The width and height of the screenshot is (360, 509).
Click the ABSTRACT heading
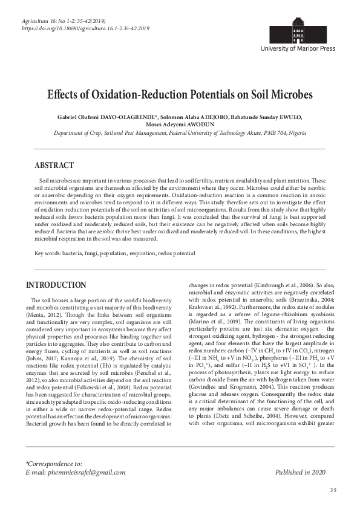(54, 165)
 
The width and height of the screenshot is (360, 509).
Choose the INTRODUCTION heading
(57, 285)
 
